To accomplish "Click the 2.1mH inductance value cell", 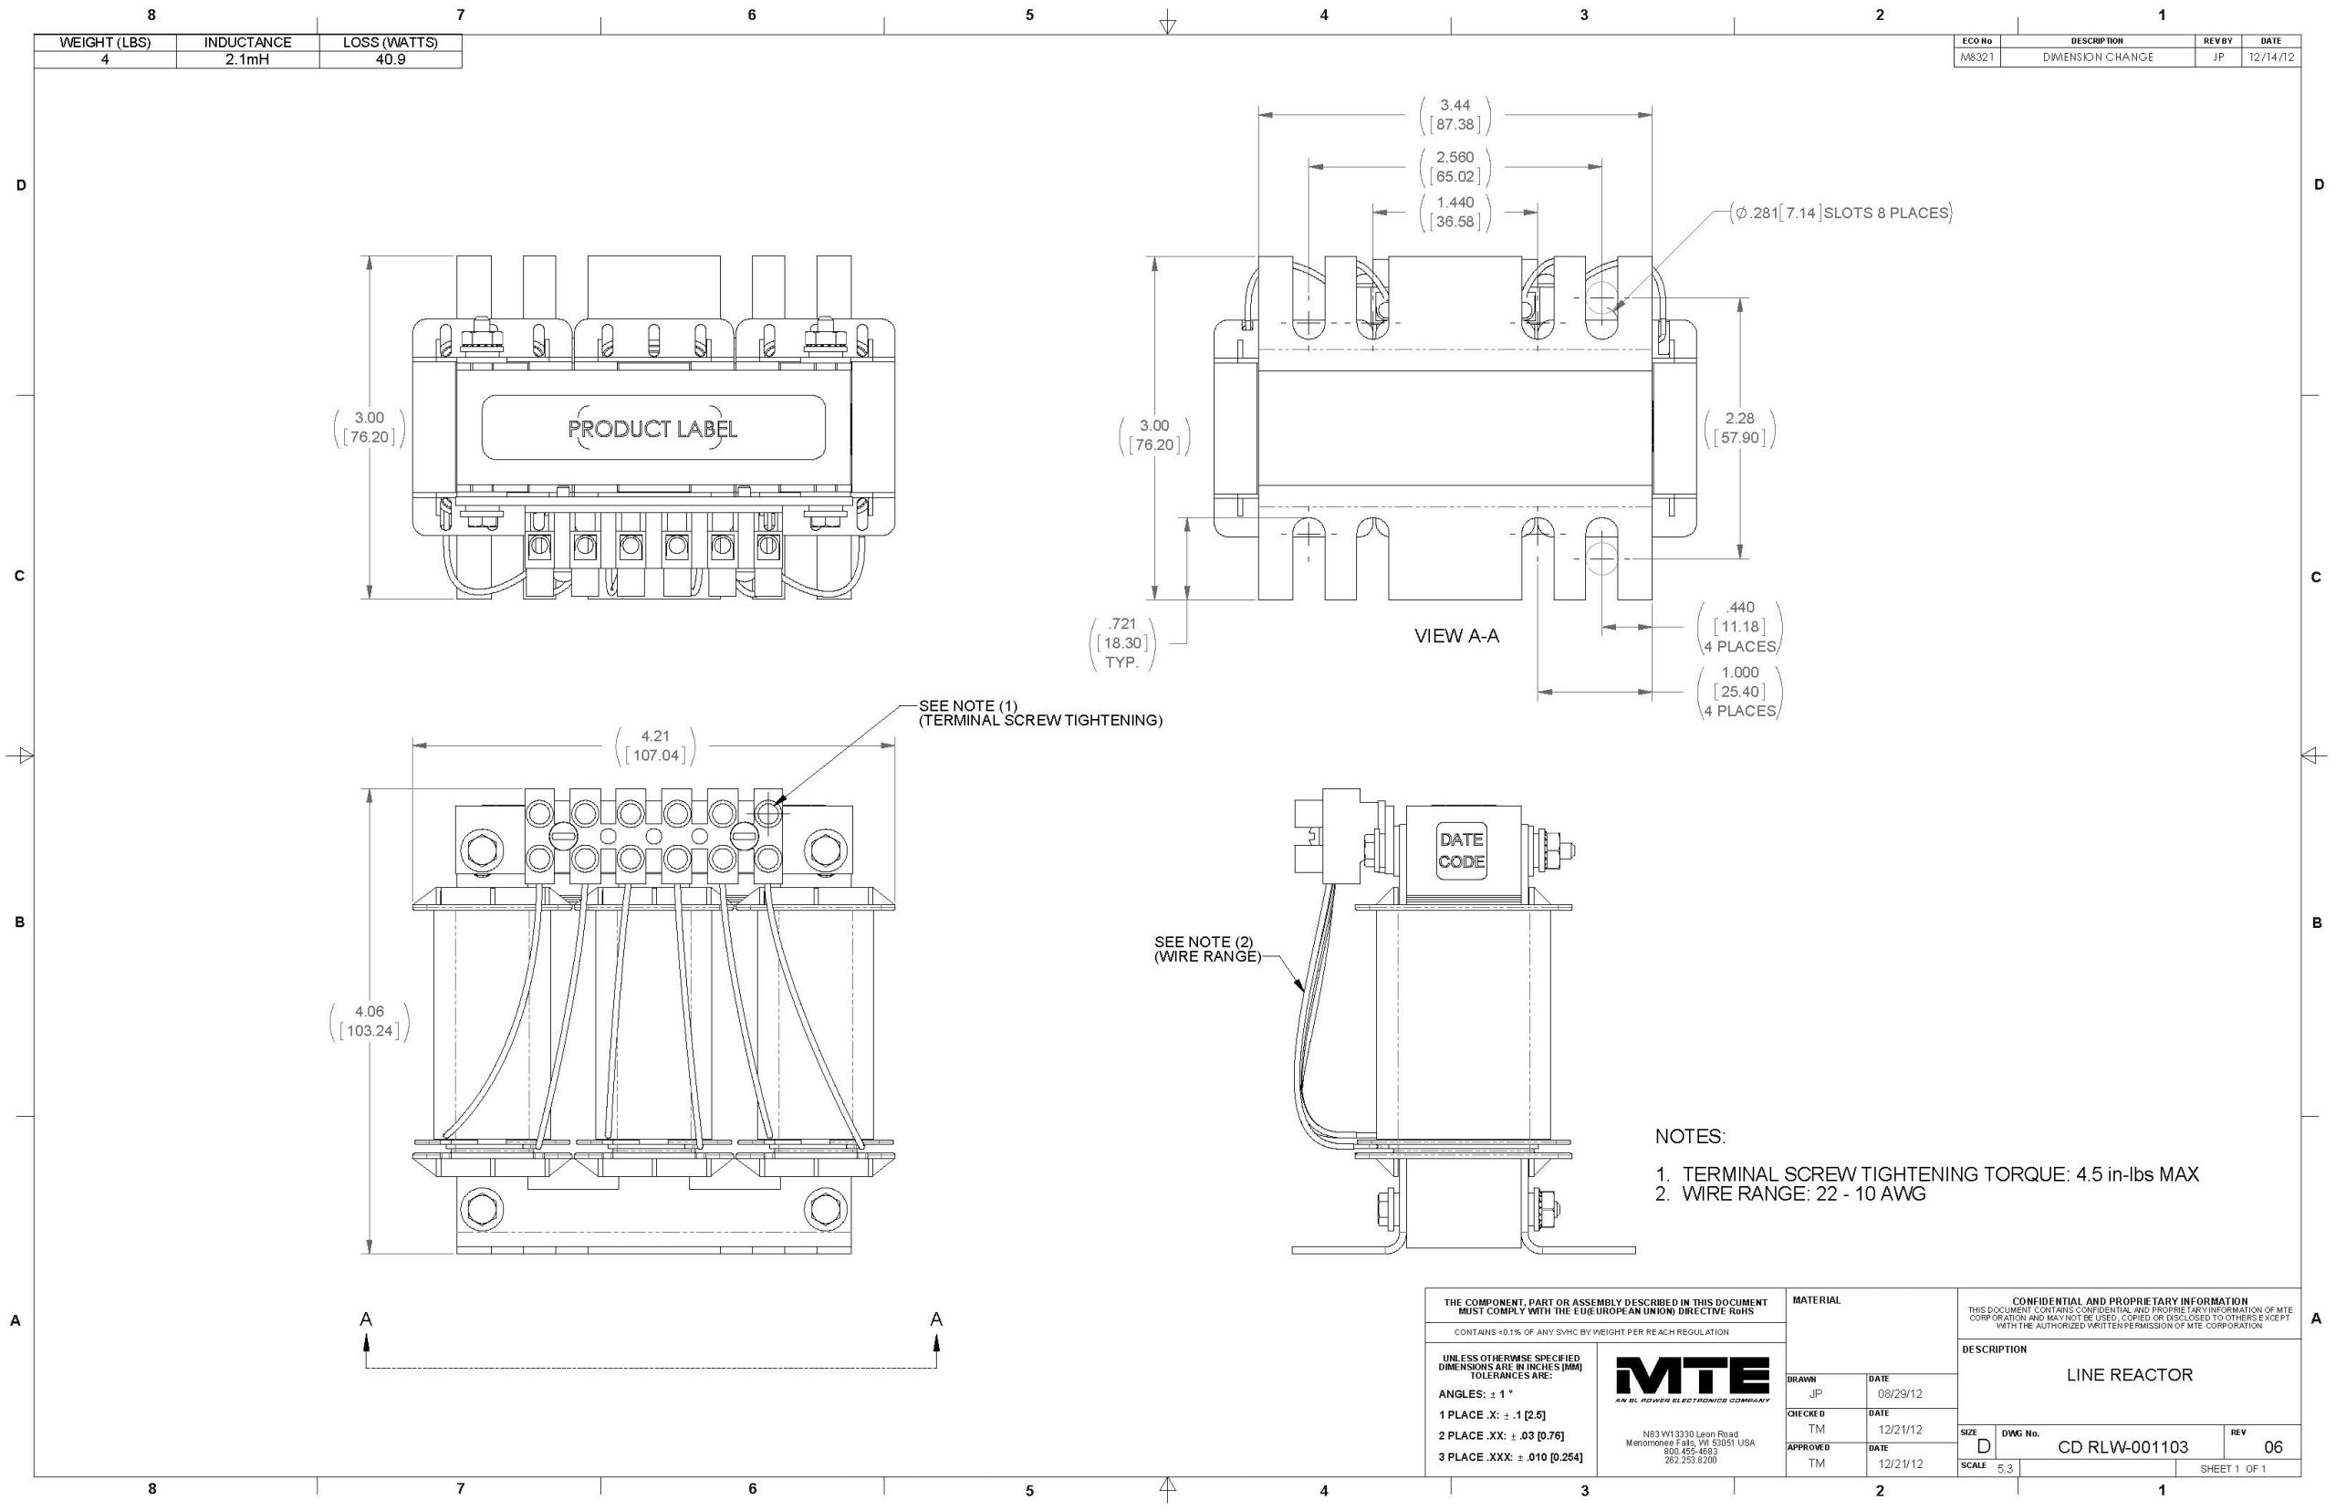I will click(x=247, y=59).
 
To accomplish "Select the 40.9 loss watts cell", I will click(x=390, y=59).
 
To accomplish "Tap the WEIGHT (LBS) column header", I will click(x=105, y=42).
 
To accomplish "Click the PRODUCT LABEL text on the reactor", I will click(x=652, y=429).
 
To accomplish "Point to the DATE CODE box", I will click(x=1461, y=850).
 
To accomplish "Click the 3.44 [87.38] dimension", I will click(x=1455, y=115).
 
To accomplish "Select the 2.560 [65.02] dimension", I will click(x=1455, y=167).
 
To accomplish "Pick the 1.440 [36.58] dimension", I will click(x=1455, y=212).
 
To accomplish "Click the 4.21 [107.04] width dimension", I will click(x=654, y=745).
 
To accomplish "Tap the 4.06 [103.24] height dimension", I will click(x=369, y=1020).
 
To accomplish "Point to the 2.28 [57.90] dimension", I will click(x=1739, y=428).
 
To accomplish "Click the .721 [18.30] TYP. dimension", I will click(x=1121, y=642).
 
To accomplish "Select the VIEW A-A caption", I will click(x=1456, y=636).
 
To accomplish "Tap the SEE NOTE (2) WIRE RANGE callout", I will click(x=1205, y=949).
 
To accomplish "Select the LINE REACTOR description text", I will click(x=2129, y=1375).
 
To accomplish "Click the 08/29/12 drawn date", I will click(x=1900, y=1393).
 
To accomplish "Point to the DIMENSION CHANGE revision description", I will click(x=2098, y=57).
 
